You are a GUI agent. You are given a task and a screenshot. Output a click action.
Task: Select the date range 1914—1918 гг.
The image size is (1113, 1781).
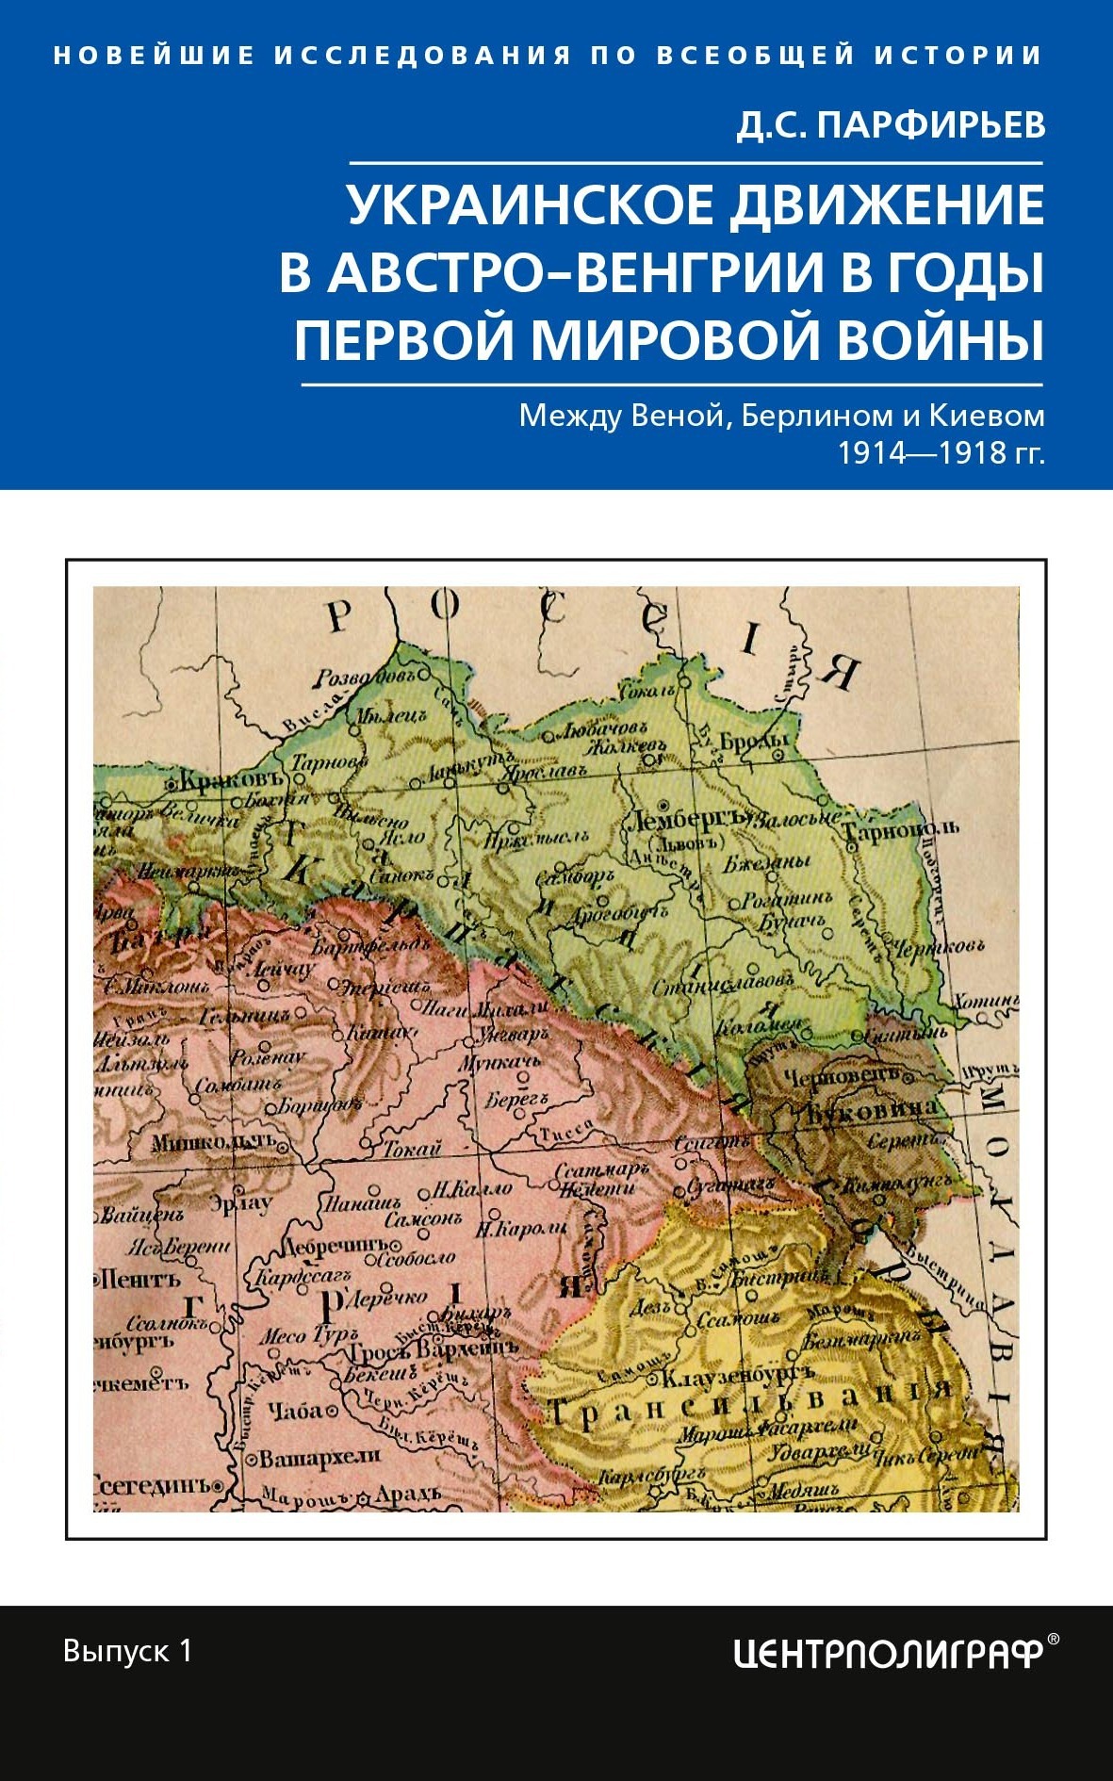pyautogui.click(x=941, y=453)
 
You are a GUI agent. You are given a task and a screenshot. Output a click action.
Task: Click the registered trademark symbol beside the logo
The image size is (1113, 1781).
pyautogui.click(x=1054, y=1639)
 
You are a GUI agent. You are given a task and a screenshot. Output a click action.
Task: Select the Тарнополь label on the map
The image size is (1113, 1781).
pyautogui.click(x=900, y=830)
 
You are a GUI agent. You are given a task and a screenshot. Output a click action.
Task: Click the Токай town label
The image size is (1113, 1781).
pyautogui.click(x=412, y=1148)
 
